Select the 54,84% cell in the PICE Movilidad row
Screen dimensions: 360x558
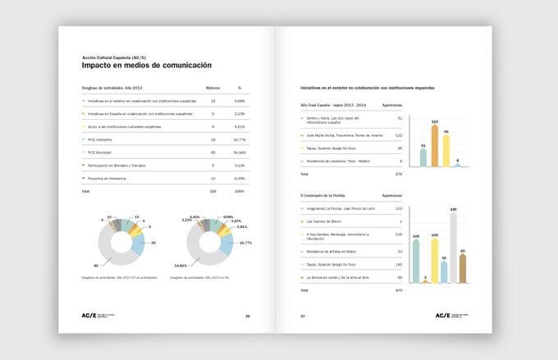tap(239, 152)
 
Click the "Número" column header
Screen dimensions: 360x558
tap(213, 87)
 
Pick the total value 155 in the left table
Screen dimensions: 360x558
tap(213, 190)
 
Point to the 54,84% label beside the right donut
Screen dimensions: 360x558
tap(181, 266)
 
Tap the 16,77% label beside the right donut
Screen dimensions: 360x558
tap(245, 242)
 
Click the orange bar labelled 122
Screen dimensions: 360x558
tap(435, 146)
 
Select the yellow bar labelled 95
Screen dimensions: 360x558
tap(446, 151)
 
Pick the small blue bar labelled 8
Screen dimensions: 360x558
tap(458, 164)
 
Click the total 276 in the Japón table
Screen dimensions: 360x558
tap(399, 174)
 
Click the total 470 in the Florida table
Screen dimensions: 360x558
tap(399, 290)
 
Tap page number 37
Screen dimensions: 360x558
tap(303, 316)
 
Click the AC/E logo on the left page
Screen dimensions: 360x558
tap(89, 315)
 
